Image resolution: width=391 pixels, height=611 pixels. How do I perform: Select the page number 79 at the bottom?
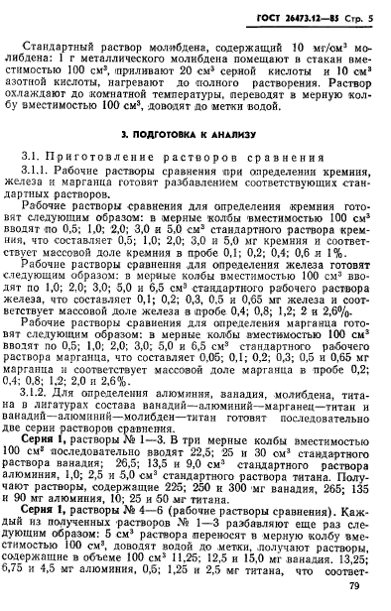pos(359,586)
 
